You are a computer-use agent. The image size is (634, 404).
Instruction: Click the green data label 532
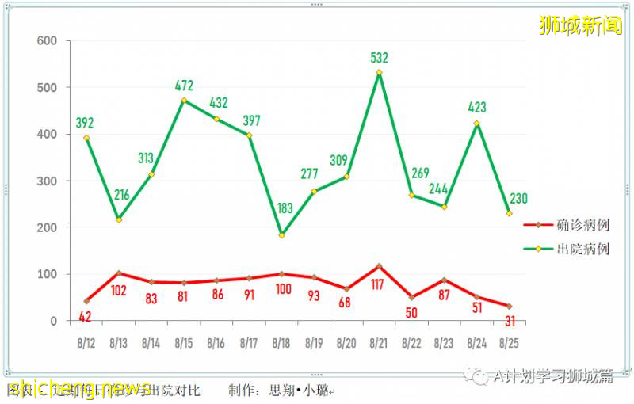point(380,58)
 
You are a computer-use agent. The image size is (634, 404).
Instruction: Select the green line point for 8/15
point(184,101)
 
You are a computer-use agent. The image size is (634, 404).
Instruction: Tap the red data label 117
point(379,284)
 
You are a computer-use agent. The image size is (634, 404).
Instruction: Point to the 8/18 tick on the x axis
point(281,343)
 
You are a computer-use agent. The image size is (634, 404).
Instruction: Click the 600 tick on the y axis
point(48,41)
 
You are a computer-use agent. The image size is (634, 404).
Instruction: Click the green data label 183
point(281,208)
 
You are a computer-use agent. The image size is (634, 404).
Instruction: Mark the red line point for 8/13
point(118,273)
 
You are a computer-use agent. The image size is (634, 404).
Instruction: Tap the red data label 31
point(509,320)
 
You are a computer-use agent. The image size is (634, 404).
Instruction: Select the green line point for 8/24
point(476,124)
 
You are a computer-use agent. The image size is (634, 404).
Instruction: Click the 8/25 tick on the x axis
point(509,343)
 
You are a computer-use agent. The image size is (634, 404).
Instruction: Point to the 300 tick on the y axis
point(48,181)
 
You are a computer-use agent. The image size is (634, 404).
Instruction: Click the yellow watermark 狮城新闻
point(580,26)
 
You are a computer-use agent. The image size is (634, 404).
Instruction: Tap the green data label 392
point(86,123)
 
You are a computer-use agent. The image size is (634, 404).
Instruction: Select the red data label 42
point(86,316)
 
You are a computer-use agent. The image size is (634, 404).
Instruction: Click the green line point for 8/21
point(379,73)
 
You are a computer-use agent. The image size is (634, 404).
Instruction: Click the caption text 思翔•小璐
point(299,391)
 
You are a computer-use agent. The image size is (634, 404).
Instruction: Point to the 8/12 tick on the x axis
point(86,343)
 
